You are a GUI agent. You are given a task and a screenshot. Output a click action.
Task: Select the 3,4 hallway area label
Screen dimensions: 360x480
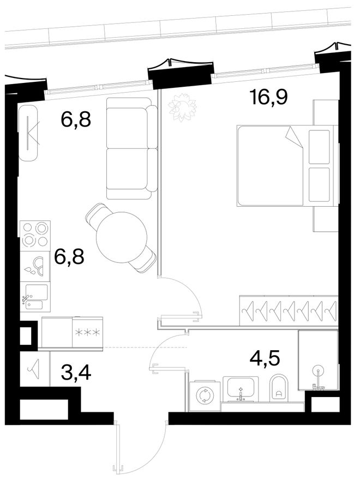pyautogui.click(x=76, y=373)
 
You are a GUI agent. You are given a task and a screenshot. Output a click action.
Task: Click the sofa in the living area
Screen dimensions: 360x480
pyautogui.click(x=131, y=148)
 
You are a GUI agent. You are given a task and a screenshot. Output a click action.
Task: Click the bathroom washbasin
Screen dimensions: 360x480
pyautogui.click(x=241, y=388)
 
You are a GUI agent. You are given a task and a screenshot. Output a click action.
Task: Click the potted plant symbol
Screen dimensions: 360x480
pyautogui.click(x=182, y=107)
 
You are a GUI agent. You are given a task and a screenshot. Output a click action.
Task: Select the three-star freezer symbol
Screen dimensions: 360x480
pyautogui.click(x=88, y=332)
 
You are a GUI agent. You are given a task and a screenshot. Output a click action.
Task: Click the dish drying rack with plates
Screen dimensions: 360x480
pyautogui.click(x=35, y=266)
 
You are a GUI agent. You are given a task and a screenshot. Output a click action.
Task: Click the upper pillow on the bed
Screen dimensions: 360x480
pyautogui.click(x=319, y=147)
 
